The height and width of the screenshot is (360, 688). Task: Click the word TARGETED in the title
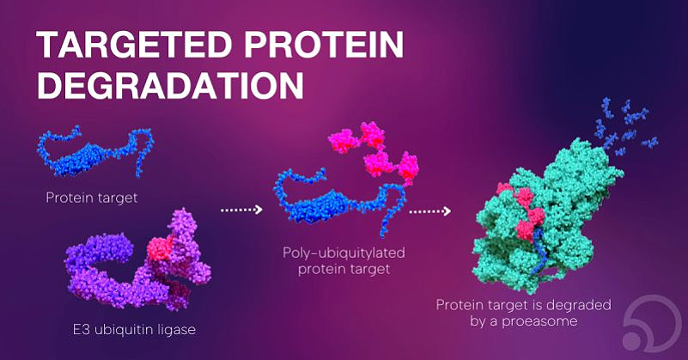[x=135, y=45]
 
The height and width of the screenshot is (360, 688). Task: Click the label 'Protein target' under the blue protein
[x=92, y=198]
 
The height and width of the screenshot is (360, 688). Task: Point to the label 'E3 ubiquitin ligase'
[x=134, y=330]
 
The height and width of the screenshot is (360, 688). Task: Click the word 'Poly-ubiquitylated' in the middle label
[x=344, y=253]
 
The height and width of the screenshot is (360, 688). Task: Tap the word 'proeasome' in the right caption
[x=539, y=322]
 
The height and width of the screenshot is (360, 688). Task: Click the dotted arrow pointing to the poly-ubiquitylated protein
[x=241, y=210]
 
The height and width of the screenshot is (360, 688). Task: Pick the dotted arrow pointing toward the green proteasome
[x=429, y=211]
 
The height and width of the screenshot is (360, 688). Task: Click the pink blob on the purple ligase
[x=159, y=248]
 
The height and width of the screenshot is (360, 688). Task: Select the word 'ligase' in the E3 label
[x=175, y=330]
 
